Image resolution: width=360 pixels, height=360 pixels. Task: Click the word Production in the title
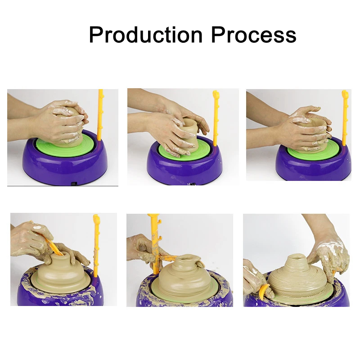[x=146, y=35]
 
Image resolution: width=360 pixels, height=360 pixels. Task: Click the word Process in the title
[x=254, y=35]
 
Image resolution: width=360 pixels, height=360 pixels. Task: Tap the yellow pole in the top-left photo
[x=100, y=115]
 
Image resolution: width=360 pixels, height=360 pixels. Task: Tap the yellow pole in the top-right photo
[x=344, y=118]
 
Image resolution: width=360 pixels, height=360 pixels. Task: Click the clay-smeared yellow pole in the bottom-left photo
[x=96, y=246]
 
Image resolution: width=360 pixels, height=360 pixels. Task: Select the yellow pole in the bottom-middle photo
[x=155, y=243]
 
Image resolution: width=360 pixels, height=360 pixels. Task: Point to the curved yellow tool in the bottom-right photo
[x=264, y=290]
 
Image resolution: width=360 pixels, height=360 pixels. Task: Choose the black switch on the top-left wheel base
[x=74, y=184]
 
